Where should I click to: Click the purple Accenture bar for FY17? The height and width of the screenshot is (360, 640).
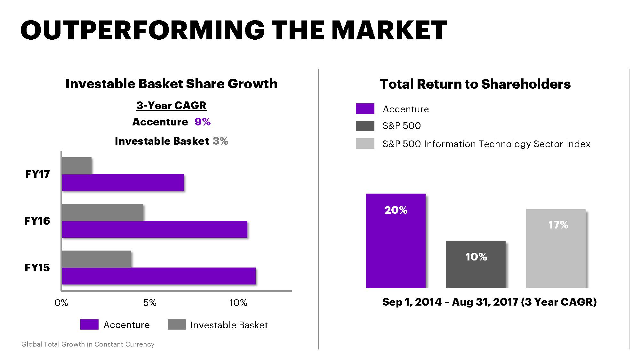click(x=123, y=182)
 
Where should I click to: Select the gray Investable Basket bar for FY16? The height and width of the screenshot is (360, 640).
click(x=102, y=212)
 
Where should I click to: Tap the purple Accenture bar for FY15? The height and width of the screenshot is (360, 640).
click(x=159, y=276)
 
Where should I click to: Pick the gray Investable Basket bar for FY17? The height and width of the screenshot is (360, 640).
click(x=76, y=165)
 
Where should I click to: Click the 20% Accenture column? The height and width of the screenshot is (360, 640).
click(x=396, y=241)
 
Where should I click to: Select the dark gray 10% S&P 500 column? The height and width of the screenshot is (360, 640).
click(x=476, y=264)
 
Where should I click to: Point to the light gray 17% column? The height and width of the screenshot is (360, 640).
click(x=556, y=249)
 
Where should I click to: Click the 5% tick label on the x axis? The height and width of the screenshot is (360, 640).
click(x=150, y=303)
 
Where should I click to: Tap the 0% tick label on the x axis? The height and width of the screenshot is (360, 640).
click(x=61, y=303)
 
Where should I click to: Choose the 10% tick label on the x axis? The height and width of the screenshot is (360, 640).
click(x=238, y=303)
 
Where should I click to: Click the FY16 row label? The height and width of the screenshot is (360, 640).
click(x=37, y=221)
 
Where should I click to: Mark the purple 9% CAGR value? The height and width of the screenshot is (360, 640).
click(x=203, y=122)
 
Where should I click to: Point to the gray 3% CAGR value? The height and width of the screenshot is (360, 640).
click(x=220, y=141)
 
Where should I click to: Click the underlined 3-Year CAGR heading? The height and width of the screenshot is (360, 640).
click(x=171, y=105)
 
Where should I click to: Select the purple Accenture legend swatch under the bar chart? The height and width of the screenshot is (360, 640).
click(x=89, y=324)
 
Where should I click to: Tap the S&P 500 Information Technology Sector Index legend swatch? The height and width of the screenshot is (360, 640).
click(x=365, y=144)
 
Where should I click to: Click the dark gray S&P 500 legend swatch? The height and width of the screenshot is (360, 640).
click(x=365, y=126)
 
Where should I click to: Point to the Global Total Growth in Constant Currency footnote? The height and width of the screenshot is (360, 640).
click(x=88, y=344)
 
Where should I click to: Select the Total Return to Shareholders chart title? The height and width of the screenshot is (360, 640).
click(x=475, y=84)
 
